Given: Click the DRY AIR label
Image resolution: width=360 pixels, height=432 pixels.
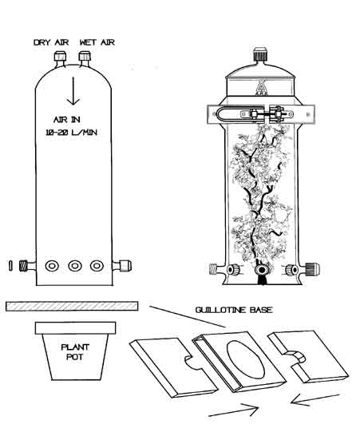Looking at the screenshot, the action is pyautogui.click(x=51, y=42).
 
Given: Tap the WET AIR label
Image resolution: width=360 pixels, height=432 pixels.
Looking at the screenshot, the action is pyautogui.click(x=97, y=42).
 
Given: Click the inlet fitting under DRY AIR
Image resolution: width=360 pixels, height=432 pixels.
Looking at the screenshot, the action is pyautogui.click(x=60, y=58).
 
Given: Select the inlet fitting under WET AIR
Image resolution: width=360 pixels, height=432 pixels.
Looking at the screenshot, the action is pyautogui.click(x=85, y=58).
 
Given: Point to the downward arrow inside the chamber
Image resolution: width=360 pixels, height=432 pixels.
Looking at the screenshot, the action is pyautogui.click(x=73, y=91).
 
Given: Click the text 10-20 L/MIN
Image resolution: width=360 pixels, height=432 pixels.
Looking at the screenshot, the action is pyautogui.click(x=71, y=133).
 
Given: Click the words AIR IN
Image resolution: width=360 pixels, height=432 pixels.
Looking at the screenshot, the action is pyautogui.click(x=67, y=120).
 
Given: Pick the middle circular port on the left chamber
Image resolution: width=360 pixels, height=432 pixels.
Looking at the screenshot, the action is pyautogui.click(x=75, y=266).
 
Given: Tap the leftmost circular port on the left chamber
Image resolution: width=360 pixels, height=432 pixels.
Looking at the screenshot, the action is pyautogui.click(x=52, y=266).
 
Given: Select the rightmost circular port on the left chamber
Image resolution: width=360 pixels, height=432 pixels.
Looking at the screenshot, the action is pyautogui.click(x=97, y=266).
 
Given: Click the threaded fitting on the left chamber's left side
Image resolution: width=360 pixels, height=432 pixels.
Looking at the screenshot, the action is pyautogui.click(x=27, y=266).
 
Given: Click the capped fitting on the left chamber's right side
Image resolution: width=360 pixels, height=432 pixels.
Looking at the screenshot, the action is pyautogui.click(x=122, y=266).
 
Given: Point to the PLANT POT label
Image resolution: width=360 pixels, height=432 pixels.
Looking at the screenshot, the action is pyautogui.click(x=75, y=352).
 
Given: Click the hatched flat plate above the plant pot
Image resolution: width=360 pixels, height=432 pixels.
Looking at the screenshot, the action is pyautogui.click(x=72, y=306).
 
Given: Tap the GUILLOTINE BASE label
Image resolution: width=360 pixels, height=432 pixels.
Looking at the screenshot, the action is pyautogui.click(x=234, y=310).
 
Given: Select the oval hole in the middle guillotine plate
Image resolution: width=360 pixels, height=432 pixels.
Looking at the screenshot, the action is pyautogui.click(x=246, y=359).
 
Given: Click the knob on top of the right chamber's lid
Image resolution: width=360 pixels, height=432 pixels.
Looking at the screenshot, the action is pyautogui.click(x=259, y=54).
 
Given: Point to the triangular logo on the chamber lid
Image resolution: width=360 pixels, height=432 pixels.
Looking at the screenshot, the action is pyautogui.click(x=260, y=87).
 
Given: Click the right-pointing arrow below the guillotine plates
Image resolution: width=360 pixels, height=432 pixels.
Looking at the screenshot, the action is pyautogui.click(x=234, y=410).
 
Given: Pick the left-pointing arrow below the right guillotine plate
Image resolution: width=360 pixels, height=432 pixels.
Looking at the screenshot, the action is pyautogui.click(x=315, y=400).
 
